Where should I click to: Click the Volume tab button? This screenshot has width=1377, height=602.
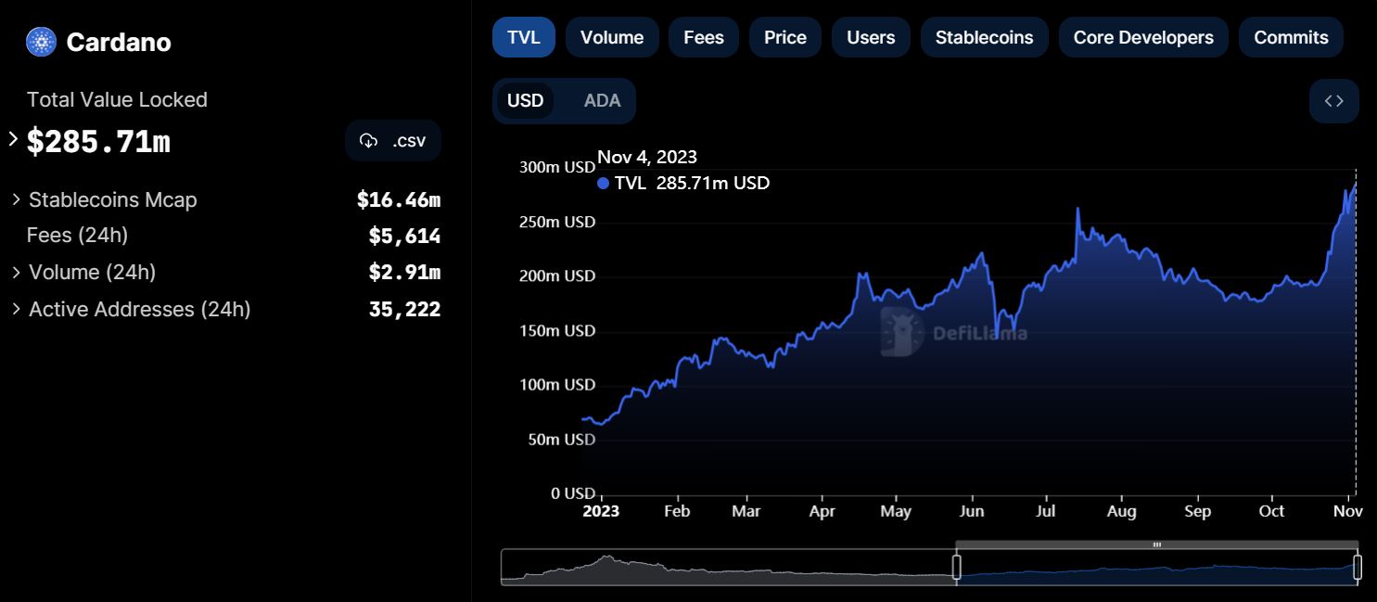click(612, 38)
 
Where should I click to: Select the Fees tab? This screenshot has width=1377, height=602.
click(704, 38)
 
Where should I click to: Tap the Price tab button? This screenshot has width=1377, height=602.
click(785, 38)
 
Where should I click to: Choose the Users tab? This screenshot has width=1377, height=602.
click(871, 38)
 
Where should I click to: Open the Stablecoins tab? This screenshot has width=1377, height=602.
click(984, 38)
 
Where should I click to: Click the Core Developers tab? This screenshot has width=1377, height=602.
click(1143, 38)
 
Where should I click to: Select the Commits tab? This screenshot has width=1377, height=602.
click(1291, 38)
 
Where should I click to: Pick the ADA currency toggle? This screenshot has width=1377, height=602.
click(602, 101)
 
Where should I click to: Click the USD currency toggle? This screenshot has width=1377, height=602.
click(526, 101)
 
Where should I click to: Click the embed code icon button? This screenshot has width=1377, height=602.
click(1333, 101)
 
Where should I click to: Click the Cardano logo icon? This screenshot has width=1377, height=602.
click(42, 42)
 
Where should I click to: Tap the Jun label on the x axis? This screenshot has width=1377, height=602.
click(971, 511)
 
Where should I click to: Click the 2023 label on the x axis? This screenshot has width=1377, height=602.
click(600, 511)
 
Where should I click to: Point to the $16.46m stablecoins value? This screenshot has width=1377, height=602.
click(398, 199)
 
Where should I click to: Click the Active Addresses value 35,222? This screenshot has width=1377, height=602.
click(404, 309)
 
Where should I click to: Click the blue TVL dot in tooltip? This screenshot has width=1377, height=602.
click(604, 184)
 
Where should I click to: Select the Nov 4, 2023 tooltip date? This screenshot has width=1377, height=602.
click(647, 158)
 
